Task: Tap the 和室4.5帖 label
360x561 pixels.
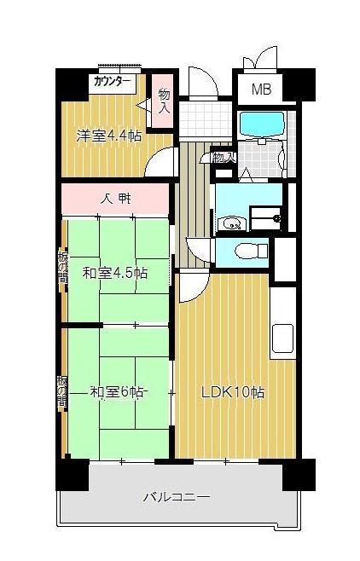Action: (x=115, y=274)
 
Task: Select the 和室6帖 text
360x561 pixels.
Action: (x=117, y=392)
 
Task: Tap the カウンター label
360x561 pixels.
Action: (x=113, y=83)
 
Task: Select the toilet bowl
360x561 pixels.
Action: (x=248, y=252)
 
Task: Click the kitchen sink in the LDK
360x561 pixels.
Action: (x=282, y=339)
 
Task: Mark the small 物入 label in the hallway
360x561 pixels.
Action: (x=223, y=158)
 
